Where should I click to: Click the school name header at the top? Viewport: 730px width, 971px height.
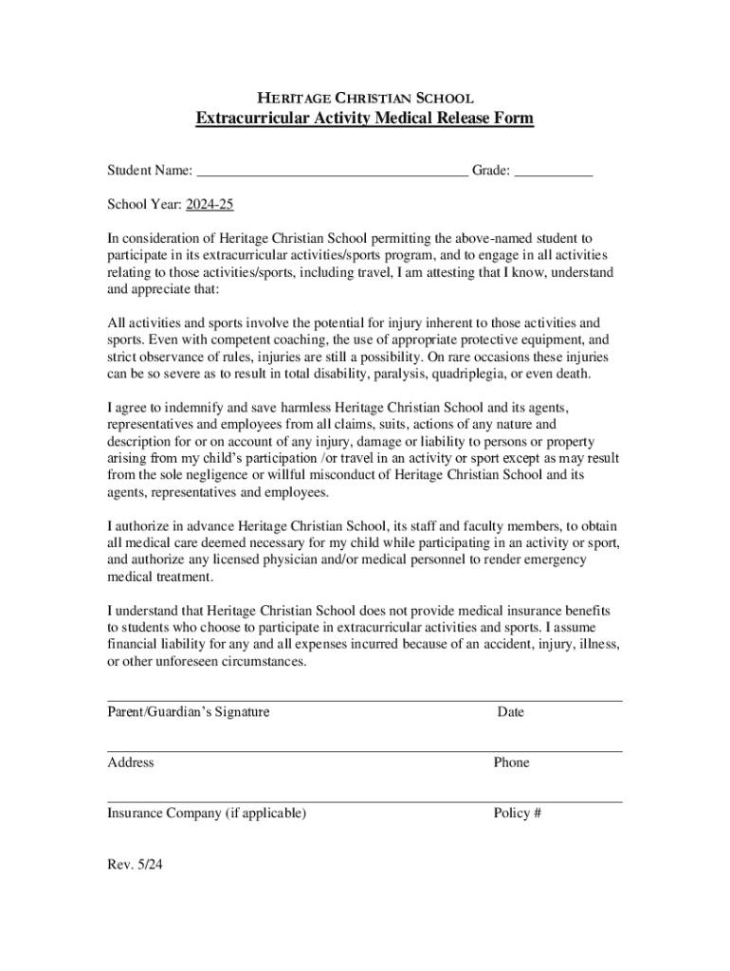pos(365,97)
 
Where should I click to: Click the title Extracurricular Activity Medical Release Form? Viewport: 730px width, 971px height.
pos(365,119)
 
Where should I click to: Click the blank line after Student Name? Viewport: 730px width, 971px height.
pos(332,173)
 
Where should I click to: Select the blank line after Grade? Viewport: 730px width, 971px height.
pos(554,173)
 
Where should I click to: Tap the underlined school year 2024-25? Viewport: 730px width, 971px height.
pos(210,205)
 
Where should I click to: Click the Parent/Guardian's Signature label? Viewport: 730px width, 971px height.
pos(188,712)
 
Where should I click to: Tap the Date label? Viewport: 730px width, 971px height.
pos(510,712)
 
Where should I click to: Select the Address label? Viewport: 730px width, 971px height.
pos(131,762)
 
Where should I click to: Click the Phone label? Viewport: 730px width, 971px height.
pos(511,762)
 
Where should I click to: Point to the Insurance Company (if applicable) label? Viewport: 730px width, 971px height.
pos(207,814)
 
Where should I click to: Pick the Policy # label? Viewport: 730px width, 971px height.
pos(517,814)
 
